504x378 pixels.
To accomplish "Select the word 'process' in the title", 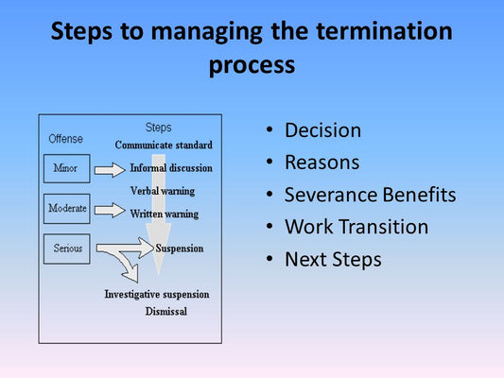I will click(x=252, y=65).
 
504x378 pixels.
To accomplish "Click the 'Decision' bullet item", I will click(x=322, y=130).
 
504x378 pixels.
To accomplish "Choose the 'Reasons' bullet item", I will click(x=322, y=163).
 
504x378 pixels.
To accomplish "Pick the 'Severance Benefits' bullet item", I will click(x=370, y=195).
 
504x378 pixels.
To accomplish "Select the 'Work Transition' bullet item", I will click(x=356, y=227).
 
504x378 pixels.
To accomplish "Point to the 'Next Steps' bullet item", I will click(x=333, y=259).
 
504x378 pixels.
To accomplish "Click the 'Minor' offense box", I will click(x=66, y=169).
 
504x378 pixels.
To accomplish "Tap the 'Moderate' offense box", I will click(x=66, y=208).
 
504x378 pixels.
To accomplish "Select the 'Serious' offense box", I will click(x=66, y=249).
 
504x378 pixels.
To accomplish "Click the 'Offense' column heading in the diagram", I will click(x=65, y=139).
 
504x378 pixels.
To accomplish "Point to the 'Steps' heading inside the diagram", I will click(x=158, y=128).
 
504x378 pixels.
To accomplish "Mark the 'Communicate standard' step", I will click(x=164, y=146).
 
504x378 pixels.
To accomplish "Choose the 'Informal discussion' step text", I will click(x=171, y=168).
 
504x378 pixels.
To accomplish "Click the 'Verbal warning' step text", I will click(x=163, y=191).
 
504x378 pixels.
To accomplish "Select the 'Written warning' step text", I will click(x=165, y=214).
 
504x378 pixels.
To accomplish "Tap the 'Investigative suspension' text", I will click(x=157, y=295).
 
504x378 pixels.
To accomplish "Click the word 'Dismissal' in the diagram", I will click(x=165, y=311).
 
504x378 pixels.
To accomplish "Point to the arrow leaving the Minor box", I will click(x=110, y=170).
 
